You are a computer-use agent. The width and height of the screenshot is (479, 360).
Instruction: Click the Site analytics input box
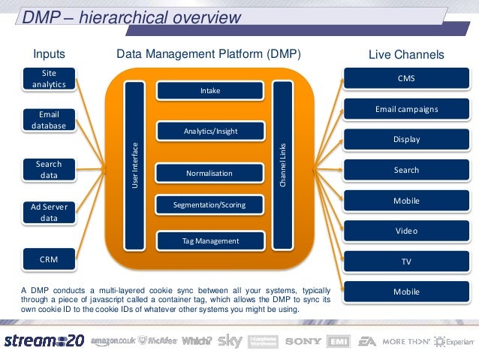click(49, 79)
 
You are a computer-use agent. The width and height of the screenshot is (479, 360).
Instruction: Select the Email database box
click(49, 120)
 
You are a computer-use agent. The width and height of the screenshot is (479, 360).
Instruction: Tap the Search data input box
click(49, 169)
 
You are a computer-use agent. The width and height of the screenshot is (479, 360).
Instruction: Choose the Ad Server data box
click(49, 213)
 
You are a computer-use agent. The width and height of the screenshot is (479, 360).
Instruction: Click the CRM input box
click(49, 259)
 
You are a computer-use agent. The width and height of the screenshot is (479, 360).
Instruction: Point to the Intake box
click(210, 91)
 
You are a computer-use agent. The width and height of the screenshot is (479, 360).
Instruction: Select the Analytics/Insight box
click(210, 132)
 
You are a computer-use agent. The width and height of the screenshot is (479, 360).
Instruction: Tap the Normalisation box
click(210, 174)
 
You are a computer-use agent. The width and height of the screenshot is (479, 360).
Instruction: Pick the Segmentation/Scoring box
click(210, 204)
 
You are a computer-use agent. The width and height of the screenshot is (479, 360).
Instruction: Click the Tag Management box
click(210, 241)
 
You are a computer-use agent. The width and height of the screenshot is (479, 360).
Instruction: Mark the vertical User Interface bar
click(135, 165)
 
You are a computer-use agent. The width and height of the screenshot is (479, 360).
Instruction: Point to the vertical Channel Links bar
click(282, 165)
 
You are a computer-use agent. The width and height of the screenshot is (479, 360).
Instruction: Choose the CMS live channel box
click(406, 78)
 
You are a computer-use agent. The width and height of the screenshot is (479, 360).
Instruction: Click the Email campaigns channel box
click(406, 109)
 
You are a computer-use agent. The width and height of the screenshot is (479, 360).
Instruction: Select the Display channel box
click(406, 140)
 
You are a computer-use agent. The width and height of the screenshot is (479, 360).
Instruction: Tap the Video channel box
click(406, 231)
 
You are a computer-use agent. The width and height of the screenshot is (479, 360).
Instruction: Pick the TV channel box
click(406, 262)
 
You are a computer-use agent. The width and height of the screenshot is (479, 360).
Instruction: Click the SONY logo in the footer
click(303, 341)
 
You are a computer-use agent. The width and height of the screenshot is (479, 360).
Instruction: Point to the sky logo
click(230, 341)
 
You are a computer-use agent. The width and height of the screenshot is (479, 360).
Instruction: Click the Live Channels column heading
click(406, 55)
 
